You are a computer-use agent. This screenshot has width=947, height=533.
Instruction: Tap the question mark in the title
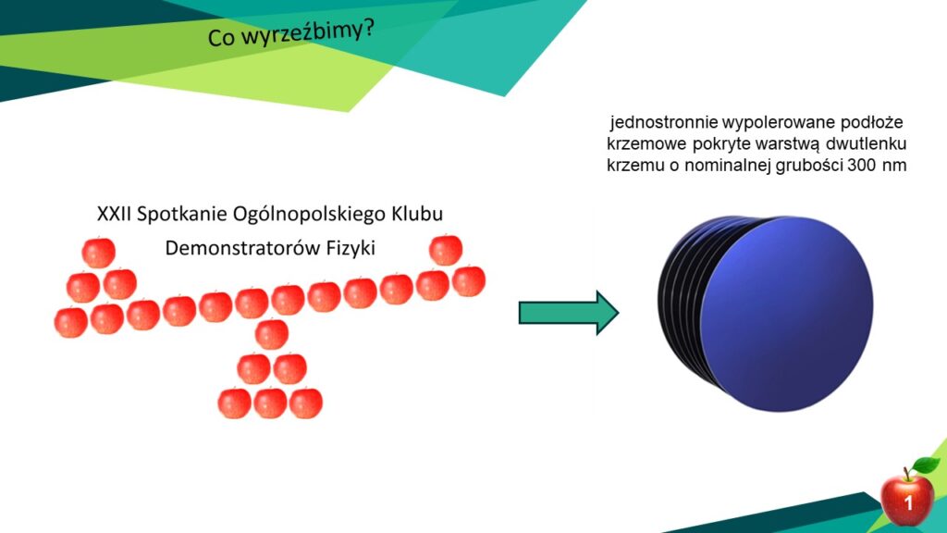pos(367,26)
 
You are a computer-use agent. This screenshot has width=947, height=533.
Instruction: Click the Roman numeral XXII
pos(114,214)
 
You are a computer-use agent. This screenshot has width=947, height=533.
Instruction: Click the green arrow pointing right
pos(569,313)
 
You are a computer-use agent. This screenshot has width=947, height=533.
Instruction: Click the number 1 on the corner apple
pos(908,502)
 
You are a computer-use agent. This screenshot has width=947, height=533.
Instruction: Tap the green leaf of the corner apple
pos(925,465)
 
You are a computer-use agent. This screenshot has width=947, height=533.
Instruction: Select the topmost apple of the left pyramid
pos(98,253)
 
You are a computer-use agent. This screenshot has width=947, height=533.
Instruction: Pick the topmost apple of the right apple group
pos(446,250)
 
